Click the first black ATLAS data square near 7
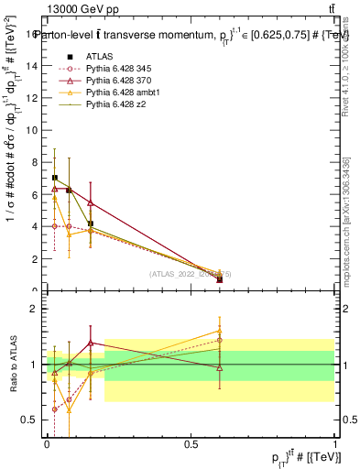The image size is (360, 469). click(55, 178)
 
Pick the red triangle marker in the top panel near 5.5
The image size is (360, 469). click(91, 202)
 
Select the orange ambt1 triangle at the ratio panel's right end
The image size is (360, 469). click(219, 331)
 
